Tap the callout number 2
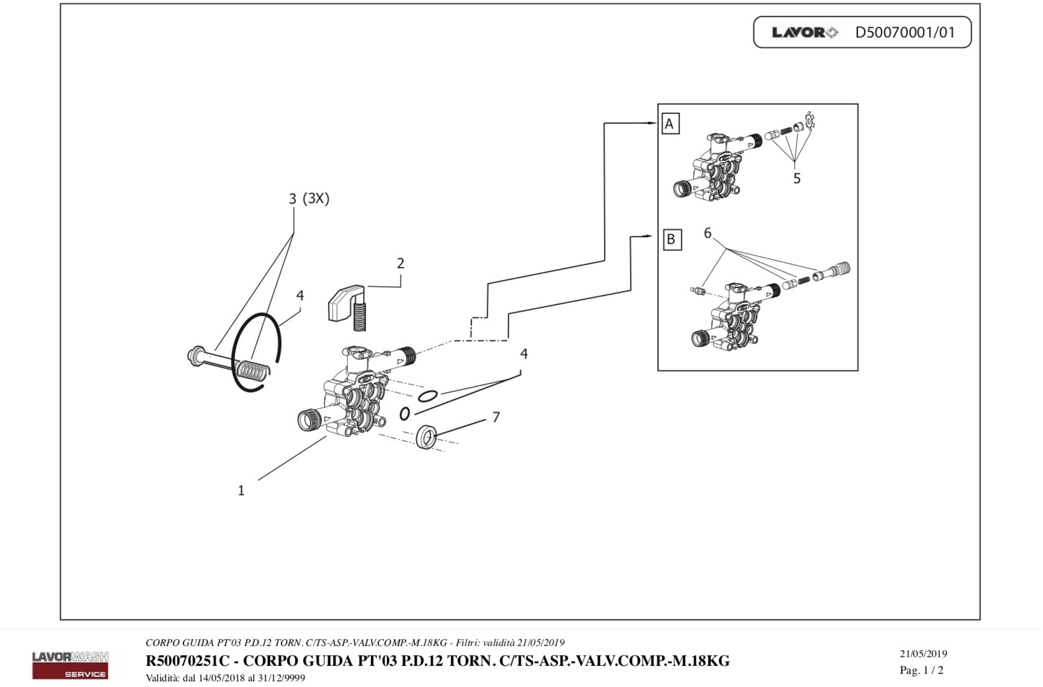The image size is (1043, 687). coord(400,263)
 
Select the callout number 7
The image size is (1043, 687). coord(496,417)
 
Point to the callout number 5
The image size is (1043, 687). coord(797,178)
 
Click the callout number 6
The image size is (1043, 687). coord(707,233)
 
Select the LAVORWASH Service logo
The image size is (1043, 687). coord(70,665)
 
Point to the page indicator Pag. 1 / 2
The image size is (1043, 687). coord(922,670)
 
